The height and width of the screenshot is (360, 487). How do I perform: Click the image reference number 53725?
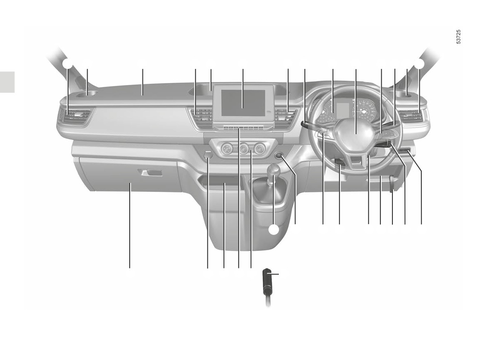click(x=459, y=37)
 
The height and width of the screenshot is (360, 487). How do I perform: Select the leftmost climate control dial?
click(x=227, y=149)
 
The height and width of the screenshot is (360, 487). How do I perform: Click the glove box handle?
click(x=151, y=173)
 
